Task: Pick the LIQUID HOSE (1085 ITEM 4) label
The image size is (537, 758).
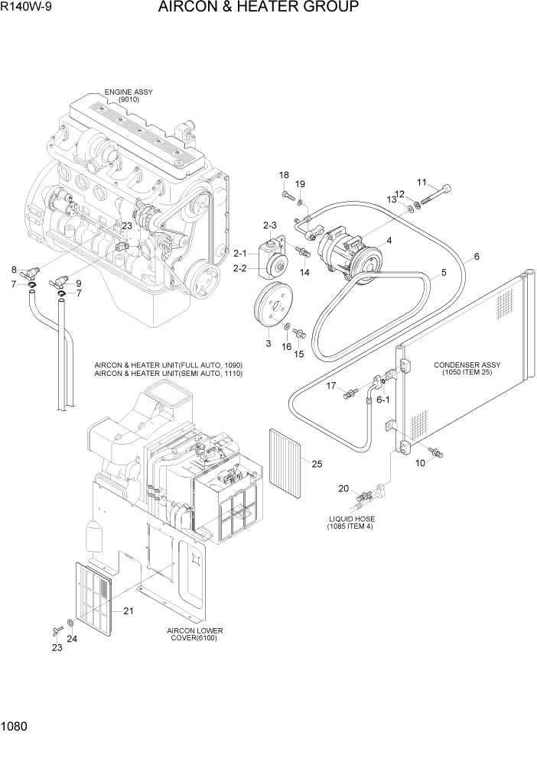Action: pos(350,523)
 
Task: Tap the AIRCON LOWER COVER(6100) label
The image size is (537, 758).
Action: pos(194,634)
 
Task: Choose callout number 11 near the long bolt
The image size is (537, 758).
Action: pos(421,182)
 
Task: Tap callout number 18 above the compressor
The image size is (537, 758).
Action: pos(284,175)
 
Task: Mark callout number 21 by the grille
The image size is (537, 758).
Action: pos(128,610)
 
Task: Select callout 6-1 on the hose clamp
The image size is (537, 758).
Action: pos(382,399)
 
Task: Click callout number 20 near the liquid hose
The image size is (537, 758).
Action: pos(344,489)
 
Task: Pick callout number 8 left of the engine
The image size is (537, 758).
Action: pos(14,269)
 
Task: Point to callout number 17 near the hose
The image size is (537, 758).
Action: pos(331,386)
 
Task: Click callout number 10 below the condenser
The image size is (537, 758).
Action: pos(420,463)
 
